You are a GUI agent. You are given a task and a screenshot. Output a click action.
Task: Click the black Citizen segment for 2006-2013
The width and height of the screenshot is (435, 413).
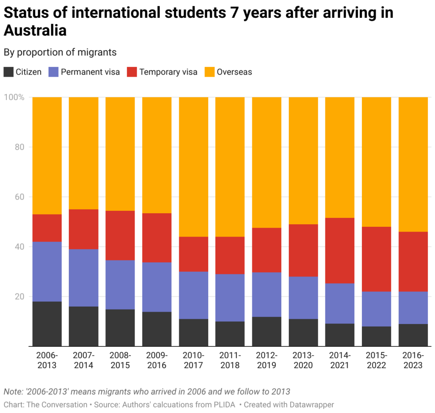(47, 324)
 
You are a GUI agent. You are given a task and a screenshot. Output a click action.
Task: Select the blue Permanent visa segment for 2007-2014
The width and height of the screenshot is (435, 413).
(84, 277)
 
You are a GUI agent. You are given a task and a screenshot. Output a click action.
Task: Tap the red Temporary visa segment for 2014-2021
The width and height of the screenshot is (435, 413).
(340, 250)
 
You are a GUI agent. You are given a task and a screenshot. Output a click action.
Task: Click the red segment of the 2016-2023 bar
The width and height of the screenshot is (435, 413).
(412, 261)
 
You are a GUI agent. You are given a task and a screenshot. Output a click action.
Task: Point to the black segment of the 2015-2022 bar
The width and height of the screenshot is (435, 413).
(376, 336)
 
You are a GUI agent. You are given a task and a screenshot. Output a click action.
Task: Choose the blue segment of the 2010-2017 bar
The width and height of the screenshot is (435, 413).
(193, 295)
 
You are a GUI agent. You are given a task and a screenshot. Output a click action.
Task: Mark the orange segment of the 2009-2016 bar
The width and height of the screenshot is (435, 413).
(157, 155)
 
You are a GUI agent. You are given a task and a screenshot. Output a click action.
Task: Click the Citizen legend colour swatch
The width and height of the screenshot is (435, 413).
(8, 72)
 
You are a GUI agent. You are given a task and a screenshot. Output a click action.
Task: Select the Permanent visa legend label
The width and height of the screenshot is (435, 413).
(90, 72)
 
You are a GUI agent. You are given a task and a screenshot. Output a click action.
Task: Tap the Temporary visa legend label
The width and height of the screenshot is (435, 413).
(168, 72)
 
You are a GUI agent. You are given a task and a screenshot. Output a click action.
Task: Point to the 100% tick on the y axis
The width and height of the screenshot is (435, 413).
(14, 97)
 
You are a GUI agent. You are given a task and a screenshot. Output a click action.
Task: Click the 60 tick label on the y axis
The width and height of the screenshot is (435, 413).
(19, 197)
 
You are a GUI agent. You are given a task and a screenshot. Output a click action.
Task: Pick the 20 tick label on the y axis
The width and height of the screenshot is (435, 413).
(19, 296)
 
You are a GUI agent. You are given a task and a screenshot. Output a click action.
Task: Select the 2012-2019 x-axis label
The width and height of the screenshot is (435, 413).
(266, 360)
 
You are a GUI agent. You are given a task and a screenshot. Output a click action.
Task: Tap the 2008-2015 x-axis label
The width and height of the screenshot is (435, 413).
(120, 360)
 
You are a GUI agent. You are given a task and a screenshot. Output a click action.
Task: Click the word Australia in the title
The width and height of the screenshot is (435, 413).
(35, 31)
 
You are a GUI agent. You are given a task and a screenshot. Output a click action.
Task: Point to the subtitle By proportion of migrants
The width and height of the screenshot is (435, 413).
(60, 52)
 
